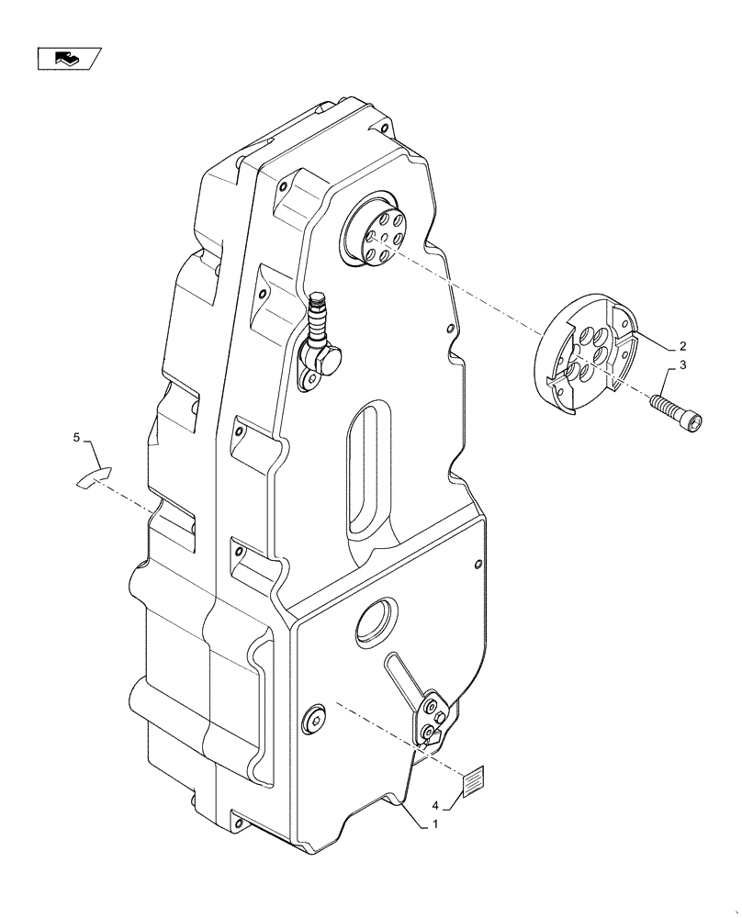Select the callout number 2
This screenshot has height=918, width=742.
(x=682, y=347)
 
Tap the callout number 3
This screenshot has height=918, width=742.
(x=682, y=366)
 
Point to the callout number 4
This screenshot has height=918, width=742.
(x=436, y=807)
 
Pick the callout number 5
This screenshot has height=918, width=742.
(x=77, y=439)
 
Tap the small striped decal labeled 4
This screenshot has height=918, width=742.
(x=474, y=784)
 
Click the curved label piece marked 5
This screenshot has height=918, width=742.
(x=93, y=476)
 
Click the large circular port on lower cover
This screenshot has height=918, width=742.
(x=377, y=624)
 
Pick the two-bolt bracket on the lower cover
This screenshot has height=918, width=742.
(x=432, y=721)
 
